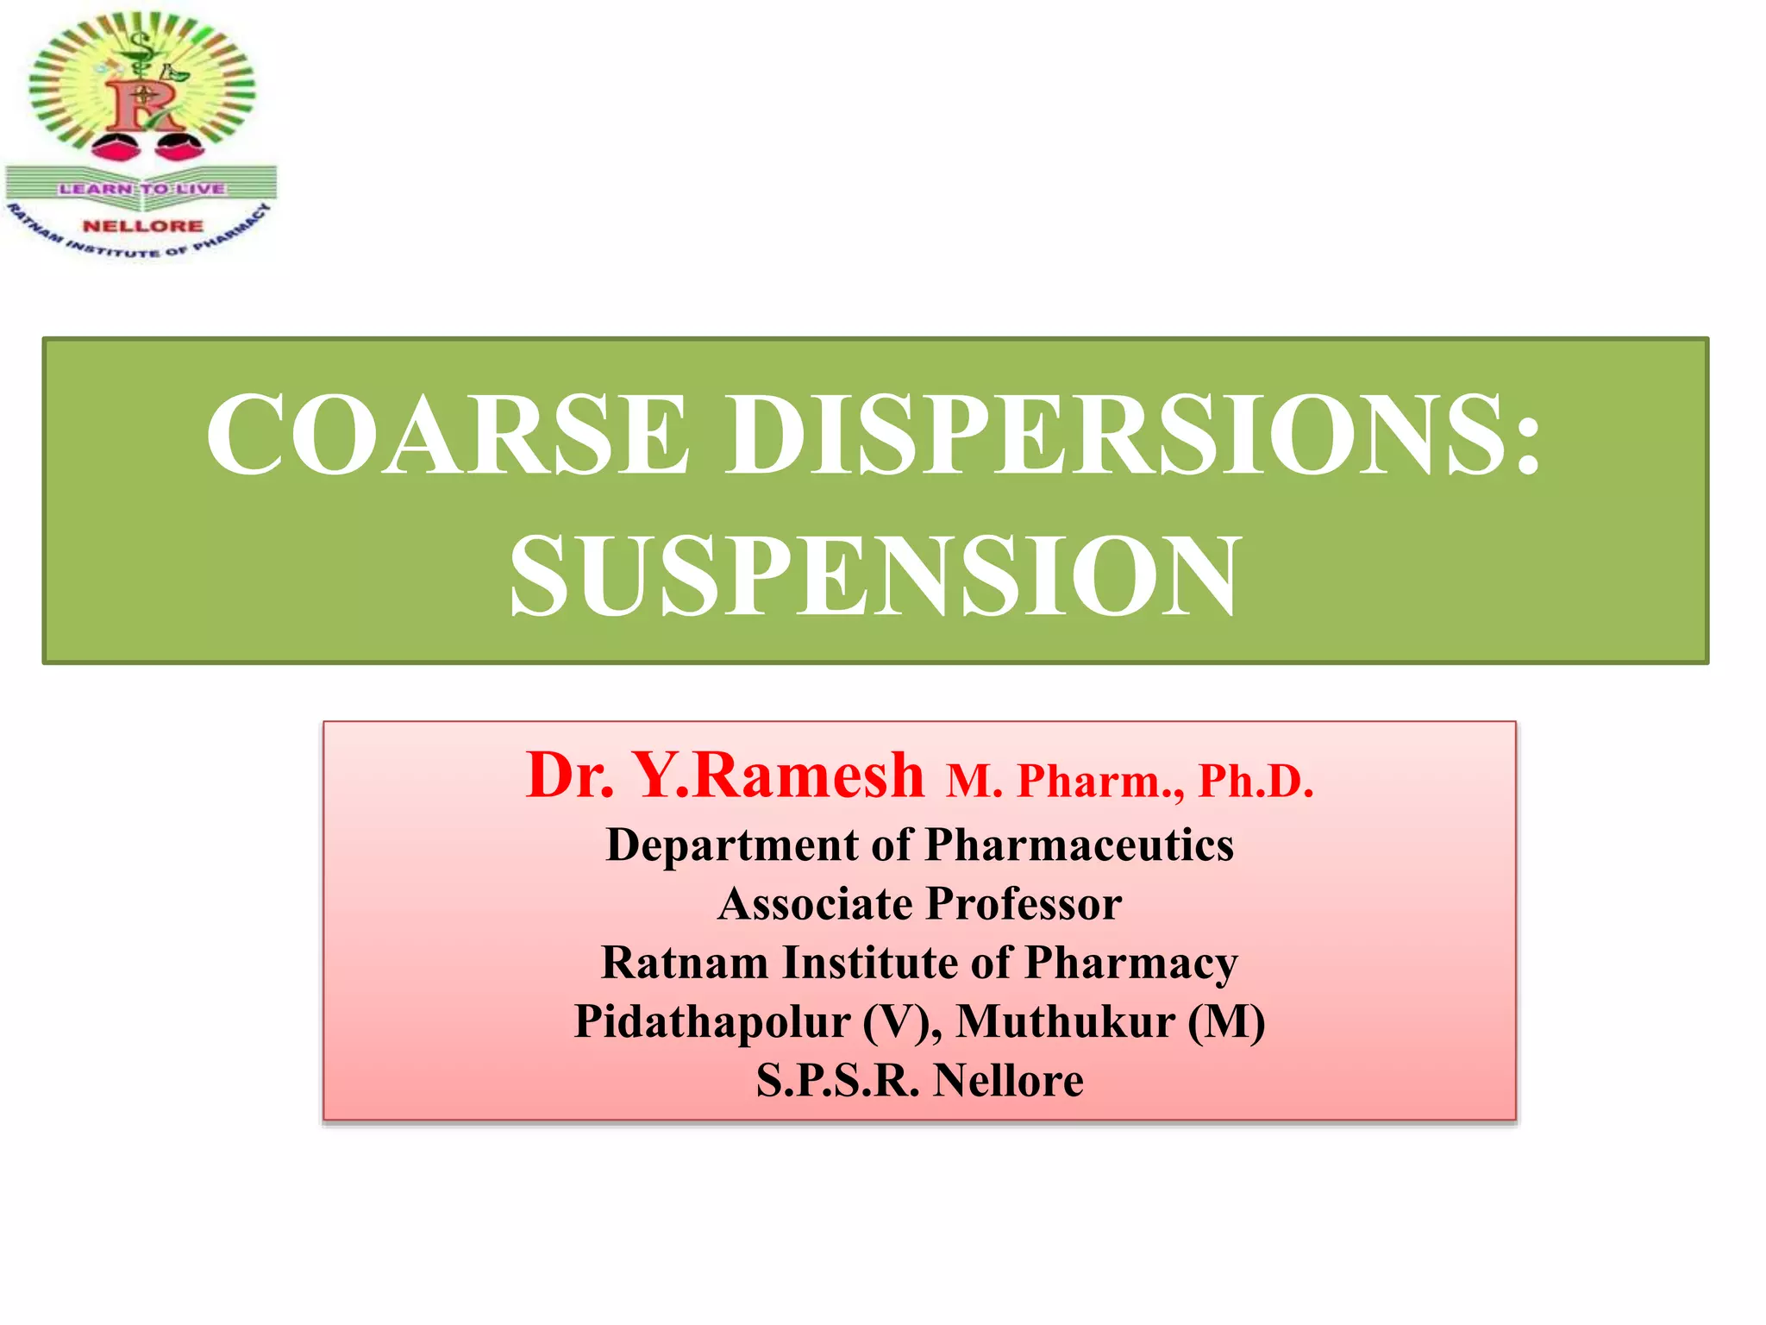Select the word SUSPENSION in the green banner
tap(874, 575)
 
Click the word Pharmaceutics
tap(1079, 845)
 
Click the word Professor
tap(1024, 904)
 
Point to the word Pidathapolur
tap(712, 1022)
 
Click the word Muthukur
tap(1065, 1022)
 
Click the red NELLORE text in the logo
tap(143, 226)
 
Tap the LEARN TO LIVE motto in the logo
tap(142, 189)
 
